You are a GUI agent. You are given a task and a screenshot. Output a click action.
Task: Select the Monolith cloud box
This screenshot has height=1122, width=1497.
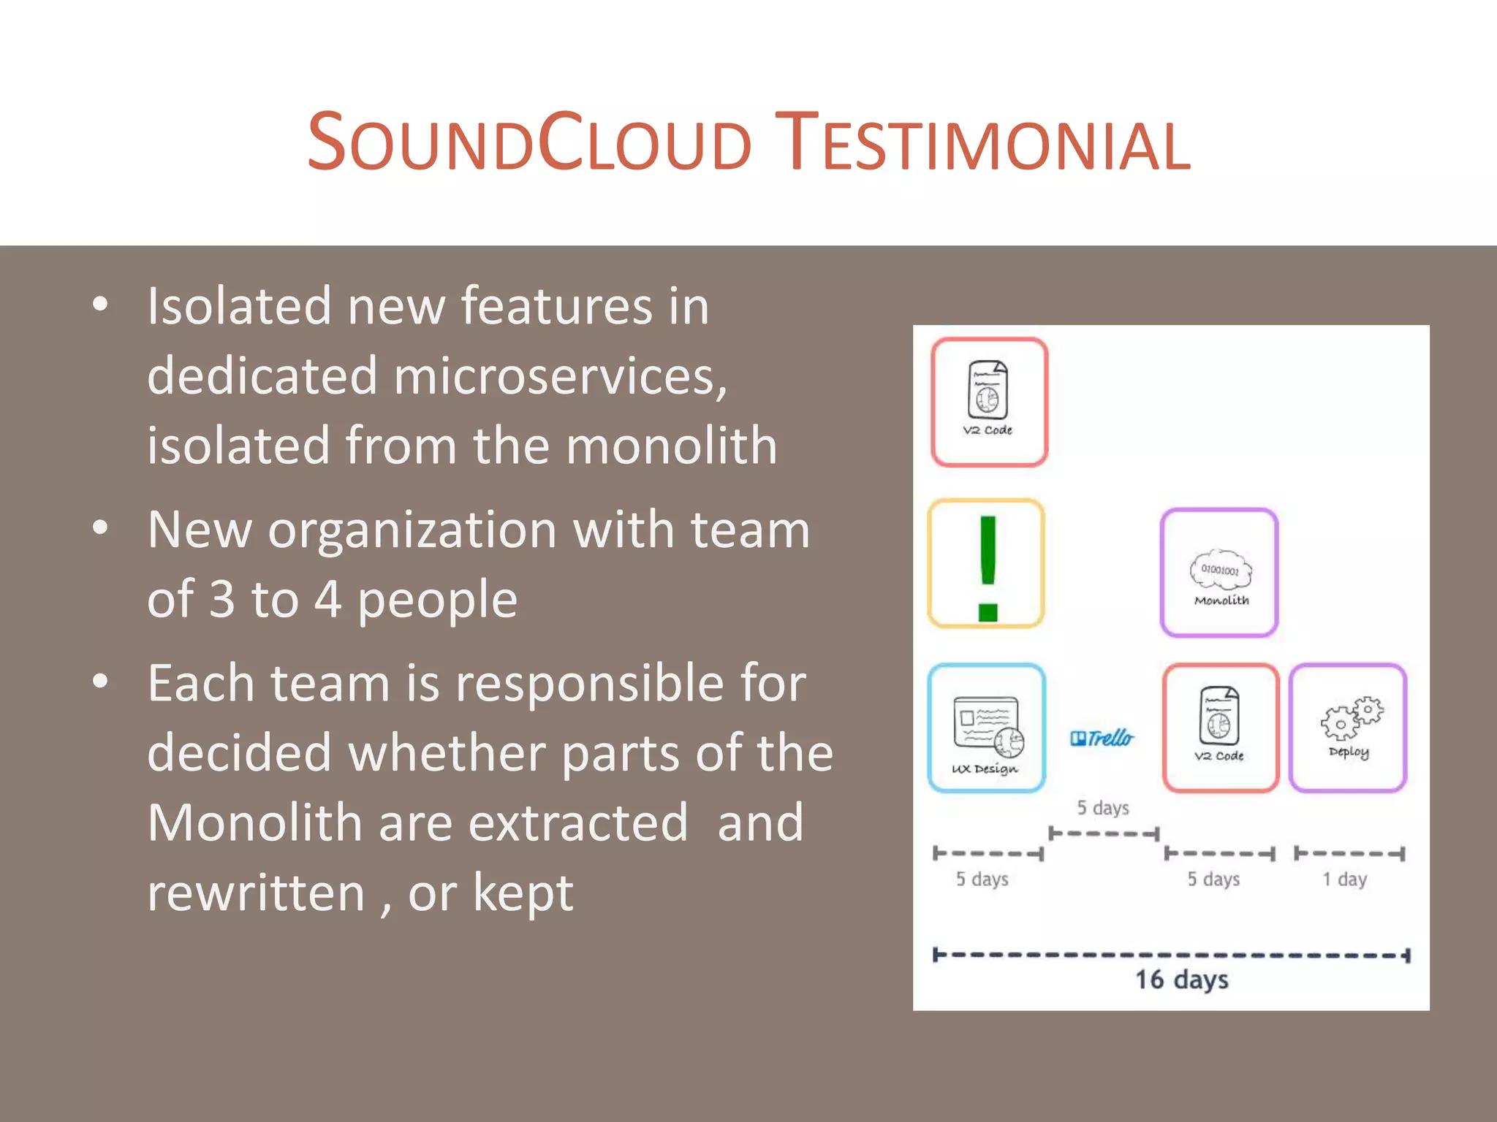1219,573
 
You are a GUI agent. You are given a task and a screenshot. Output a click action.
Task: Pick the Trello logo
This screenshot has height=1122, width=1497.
1102,739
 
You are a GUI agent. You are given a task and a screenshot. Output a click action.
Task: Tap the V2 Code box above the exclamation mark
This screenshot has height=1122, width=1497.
989,402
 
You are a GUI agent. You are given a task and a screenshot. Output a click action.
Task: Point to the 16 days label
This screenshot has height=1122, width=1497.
1181,980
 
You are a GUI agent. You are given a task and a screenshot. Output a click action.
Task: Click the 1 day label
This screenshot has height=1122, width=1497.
1344,879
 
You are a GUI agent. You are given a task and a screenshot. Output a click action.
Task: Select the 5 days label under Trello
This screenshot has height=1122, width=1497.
1103,808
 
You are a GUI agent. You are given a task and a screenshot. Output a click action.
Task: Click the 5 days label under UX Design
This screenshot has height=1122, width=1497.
982,879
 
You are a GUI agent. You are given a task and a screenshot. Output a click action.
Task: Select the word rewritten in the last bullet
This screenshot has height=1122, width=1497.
255,893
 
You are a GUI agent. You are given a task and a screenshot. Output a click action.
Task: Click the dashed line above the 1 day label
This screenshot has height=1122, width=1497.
1349,853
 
